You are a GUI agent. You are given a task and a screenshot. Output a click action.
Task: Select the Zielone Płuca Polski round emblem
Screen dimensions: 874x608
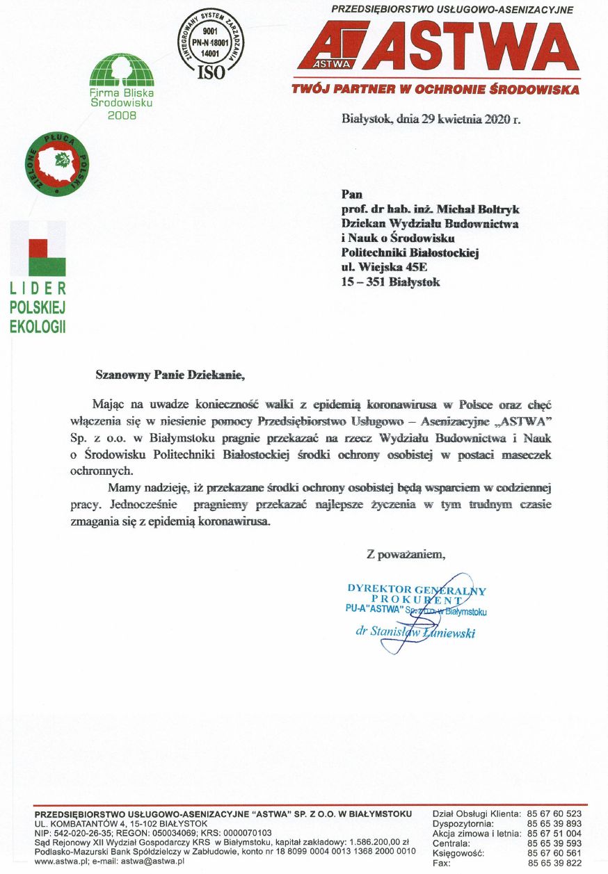click(x=58, y=164)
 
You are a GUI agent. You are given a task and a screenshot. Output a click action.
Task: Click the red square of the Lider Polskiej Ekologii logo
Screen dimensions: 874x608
click(x=38, y=248)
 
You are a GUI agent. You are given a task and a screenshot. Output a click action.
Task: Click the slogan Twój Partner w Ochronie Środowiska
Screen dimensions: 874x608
click(x=435, y=90)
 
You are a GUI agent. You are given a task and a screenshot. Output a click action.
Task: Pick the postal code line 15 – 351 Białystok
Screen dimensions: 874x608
click(x=390, y=282)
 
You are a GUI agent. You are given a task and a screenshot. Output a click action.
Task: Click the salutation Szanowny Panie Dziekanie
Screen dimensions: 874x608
click(x=171, y=375)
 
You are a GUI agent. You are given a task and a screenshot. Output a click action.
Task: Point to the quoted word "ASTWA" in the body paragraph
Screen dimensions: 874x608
click(x=519, y=421)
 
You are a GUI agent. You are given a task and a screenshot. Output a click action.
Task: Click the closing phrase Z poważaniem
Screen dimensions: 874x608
click(x=406, y=554)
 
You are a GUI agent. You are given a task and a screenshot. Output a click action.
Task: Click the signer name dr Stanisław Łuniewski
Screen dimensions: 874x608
click(x=415, y=632)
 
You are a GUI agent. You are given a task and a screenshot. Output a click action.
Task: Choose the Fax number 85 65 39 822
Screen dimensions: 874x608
click(x=554, y=863)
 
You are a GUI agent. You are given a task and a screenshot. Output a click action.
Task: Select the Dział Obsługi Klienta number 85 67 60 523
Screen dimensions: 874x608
click(x=554, y=814)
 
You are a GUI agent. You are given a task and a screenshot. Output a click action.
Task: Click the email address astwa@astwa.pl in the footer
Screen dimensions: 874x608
click(x=153, y=861)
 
